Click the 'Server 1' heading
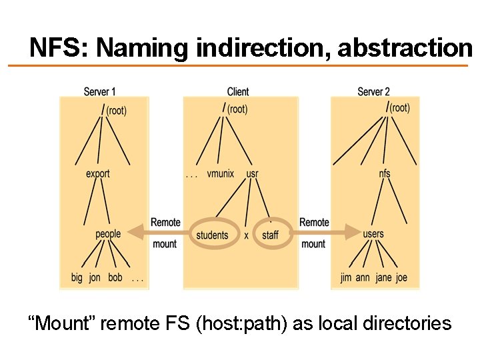pyautogui.click(x=100, y=92)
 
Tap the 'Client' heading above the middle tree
pyautogui.click(x=238, y=92)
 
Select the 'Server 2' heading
pyautogui.click(x=373, y=92)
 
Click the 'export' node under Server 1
pyautogui.click(x=98, y=174)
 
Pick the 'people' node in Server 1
pyautogui.click(x=108, y=234)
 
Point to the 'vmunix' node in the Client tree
pyautogui.click(x=221, y=174)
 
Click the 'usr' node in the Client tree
pyautogui.click(x=252, y=174)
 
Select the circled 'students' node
pyautogui.click(x=212, y=235)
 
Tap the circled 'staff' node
pyautogui.click(x=270, y=235)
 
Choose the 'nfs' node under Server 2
pyautogui.click(x=385, y=174)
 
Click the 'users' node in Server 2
pyautogui.click(x=373, y=234)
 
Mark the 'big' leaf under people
pyautogui.click(x=77, y=277)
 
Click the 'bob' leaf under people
pyautogui.click(x=115, y=277)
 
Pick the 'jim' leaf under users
pyautogui.click(x=345, y=277)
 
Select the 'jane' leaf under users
pyautogui.click(x=383, y=277)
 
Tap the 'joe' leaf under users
pyautogui.click(x=401, y=277)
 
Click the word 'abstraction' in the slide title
pyautogui.click(x=405, y=48)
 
